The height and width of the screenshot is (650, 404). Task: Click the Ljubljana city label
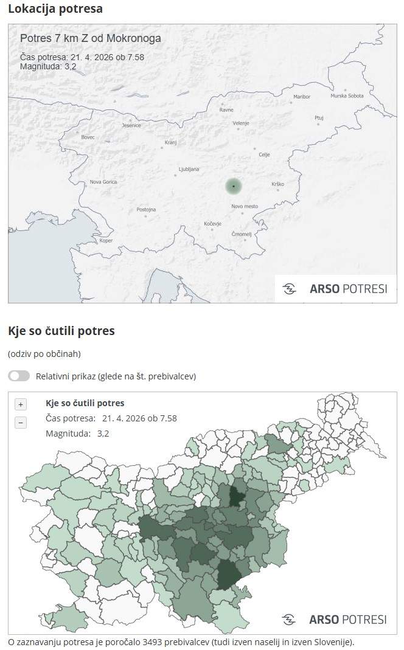[x=189, y=169]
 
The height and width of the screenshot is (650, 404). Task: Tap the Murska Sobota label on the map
[x=347, y=96]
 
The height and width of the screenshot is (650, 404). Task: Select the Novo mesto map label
[x=245, y=207]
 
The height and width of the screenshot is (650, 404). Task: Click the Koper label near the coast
[x=106, y=241]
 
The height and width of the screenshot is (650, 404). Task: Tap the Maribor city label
[x=302, y=97]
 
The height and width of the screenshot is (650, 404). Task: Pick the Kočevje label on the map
[x=212, y=224]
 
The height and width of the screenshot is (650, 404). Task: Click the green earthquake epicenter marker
[x=234, y=186]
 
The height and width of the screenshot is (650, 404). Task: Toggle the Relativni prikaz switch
[x=19, y=376]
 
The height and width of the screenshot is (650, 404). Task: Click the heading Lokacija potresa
[x=55, y=9]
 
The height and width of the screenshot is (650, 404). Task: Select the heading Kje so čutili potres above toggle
[x=61, y=331]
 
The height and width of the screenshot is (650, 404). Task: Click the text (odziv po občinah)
[x=44, y=354]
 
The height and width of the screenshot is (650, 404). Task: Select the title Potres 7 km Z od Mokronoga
[x=91, y=38]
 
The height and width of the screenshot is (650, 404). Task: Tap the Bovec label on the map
[x=88, y=137]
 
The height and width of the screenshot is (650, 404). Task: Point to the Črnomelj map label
[x=242, y=234]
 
